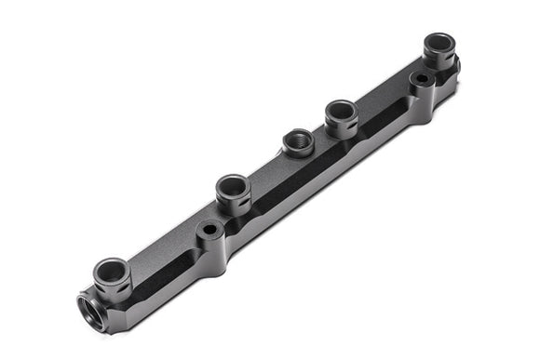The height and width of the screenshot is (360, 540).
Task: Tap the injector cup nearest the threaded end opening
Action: pos(112,271)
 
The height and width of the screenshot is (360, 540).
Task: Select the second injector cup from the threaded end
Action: pos(233,184)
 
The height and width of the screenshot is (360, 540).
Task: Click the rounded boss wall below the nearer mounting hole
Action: pos(212,249)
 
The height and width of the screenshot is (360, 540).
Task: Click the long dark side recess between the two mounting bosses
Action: pos(317,177)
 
